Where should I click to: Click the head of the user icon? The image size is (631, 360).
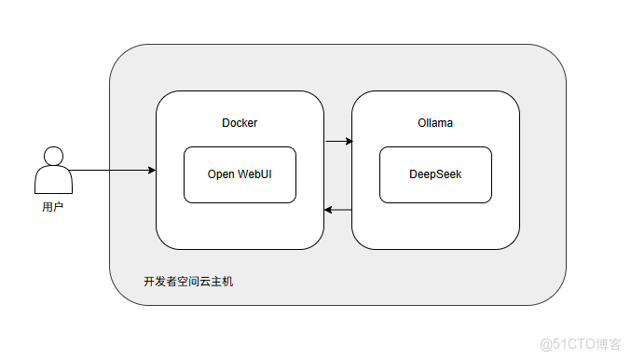[53, 156]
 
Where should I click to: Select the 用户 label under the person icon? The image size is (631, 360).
[53, 205]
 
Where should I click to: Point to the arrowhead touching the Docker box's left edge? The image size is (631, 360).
[151, 170]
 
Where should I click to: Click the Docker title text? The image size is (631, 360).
[240, 123]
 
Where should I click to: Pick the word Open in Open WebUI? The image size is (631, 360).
[222, 174]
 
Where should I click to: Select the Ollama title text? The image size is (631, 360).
[435, 123]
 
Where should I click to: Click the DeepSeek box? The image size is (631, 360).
[435, 174]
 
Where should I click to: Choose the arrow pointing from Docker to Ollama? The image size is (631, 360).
[338, 142]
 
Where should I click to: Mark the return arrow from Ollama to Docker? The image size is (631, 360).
[338, 211]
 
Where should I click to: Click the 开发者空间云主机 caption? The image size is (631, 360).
[188, 281]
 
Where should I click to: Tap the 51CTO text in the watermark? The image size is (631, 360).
[571, 342]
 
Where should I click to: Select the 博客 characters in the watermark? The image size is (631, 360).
[608, 342]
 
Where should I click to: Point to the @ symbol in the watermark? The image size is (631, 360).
[545, 342]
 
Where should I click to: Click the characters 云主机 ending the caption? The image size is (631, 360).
[216, 281]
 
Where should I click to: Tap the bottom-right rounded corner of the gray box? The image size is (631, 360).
[556, 296]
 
